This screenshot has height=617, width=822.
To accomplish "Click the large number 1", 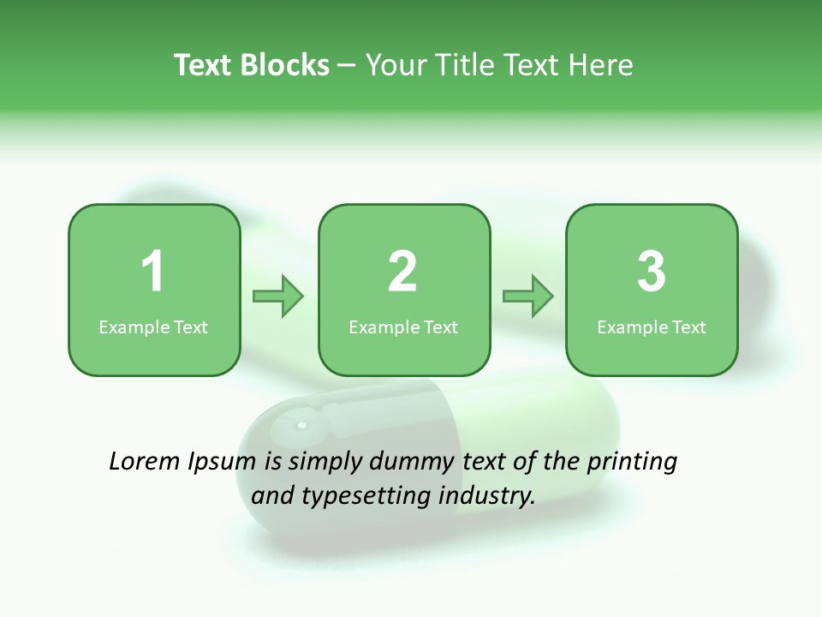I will [x=152, y=272].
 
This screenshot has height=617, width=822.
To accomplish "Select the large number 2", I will [x=402, y=272].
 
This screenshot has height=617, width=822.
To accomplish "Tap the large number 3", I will [x=652, y=272].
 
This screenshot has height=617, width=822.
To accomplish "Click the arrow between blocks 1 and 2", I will [x=278, y=297].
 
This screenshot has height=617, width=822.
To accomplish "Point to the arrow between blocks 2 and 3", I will [x=528, y=297].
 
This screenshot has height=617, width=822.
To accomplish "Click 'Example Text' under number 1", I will [x=153, y=326].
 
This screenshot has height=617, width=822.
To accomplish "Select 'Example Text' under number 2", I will [x=403, y=326].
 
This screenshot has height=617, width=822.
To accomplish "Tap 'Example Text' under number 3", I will [x=652, y=326].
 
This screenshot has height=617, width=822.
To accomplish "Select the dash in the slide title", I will [x=348, y=66].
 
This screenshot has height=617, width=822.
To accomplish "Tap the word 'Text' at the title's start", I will [x=204, y=65].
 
